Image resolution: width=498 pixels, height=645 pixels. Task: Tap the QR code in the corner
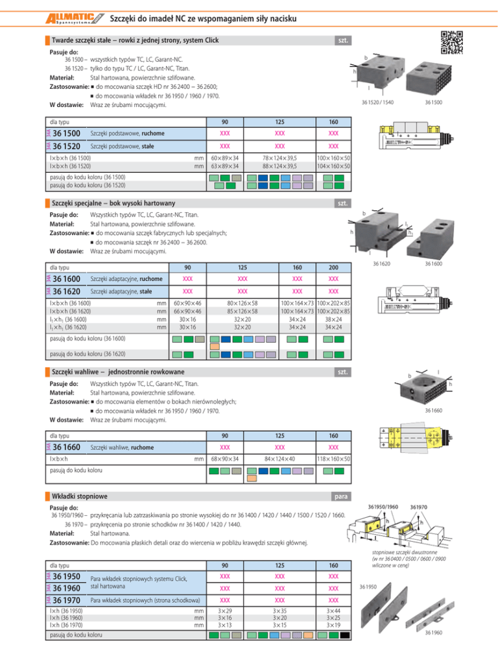[x=453, y=43]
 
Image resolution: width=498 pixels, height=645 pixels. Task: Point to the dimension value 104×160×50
[x=334, y=167]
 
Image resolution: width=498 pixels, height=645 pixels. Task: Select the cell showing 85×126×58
[x=242, y=311]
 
